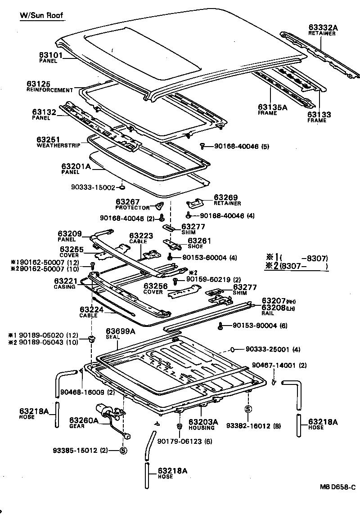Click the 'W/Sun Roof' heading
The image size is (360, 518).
tap(41, 15)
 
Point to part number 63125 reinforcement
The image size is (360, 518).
tap(38, 84)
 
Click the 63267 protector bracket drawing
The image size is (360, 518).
tap(159, 207)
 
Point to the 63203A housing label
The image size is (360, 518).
tap(203, 422)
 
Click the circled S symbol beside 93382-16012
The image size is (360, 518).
tap(247, 409)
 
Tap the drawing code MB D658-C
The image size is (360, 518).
tap(338, 487)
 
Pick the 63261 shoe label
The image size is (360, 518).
tap(196, 241)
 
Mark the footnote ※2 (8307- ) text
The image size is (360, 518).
tap(297, 266)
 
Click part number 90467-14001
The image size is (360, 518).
tap(279, 366)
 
